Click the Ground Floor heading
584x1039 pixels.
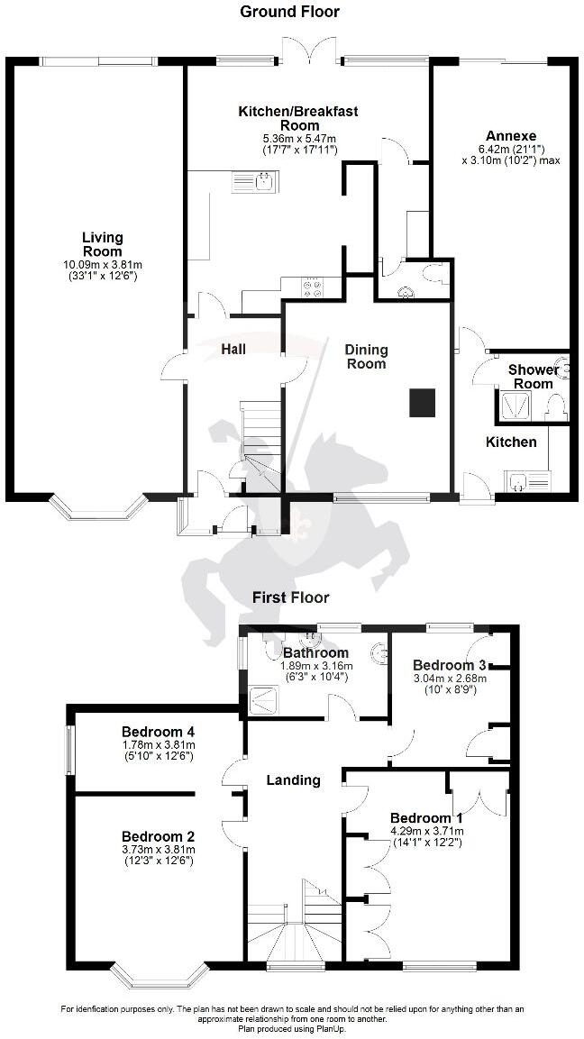click(x=289, y=12)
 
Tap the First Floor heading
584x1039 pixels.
click(x=291, y=597)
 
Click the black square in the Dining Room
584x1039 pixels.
click(x=423, y=403)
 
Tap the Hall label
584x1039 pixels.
click(x=233, y=349)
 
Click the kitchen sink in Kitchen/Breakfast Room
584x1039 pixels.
click(x=256, y=182)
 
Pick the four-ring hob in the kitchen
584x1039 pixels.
click(x=312, y=287)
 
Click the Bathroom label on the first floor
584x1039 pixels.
click(x=315, y=652)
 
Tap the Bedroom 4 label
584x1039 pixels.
click(x=159, y=731)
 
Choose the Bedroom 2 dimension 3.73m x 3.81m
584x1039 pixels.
click(x=159, y=849)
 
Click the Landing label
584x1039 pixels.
click(x=294, y=779)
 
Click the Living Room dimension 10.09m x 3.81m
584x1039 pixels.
click(x=103, y=264)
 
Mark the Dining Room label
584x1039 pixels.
click(x=366, y=357)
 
